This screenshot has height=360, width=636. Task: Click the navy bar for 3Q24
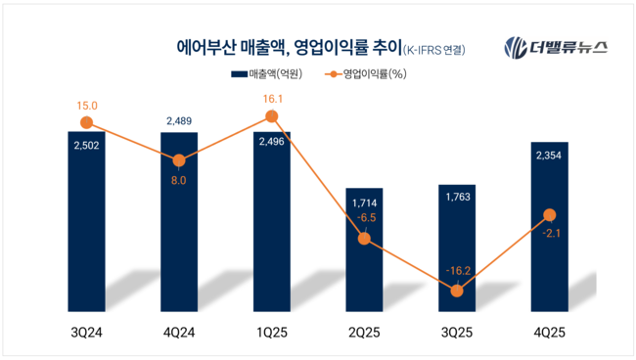[86, 215]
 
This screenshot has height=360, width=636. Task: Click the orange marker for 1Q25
[272, 117]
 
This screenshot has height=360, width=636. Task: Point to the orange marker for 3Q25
[457, 289]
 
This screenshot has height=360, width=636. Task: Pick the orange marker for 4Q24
[179, 160]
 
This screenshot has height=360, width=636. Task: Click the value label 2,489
[179, 120]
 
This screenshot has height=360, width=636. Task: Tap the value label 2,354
[550, 154]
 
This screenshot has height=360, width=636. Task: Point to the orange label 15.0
[86, 106]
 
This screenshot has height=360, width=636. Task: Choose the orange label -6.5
[364, 218]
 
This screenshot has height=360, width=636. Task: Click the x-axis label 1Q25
[272, 333]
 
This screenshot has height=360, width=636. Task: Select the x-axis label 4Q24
[179, 333]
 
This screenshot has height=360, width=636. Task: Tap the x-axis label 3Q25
[457, 333]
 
